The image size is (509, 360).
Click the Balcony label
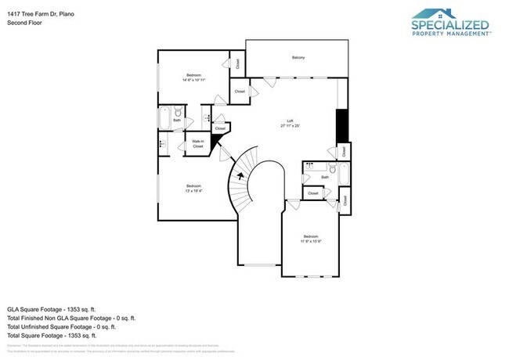coord(298,58)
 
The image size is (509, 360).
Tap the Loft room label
coord(290,122)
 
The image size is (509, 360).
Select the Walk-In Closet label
coord(197,144)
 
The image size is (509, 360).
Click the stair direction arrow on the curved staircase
coord(233,178)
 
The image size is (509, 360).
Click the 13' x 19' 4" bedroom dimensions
coord(193,191)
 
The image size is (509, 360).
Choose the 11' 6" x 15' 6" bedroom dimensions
coord(310,241)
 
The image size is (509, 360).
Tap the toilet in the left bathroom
coord(178,115)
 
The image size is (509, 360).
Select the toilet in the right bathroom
coord(332,167)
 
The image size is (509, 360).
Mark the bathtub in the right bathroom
coord(343,174)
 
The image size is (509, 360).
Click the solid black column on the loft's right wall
coord(341,125)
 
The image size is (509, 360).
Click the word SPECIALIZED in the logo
coord(450,25)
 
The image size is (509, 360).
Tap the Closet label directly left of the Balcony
coord(238,64)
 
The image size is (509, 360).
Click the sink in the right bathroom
coord(312,167)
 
